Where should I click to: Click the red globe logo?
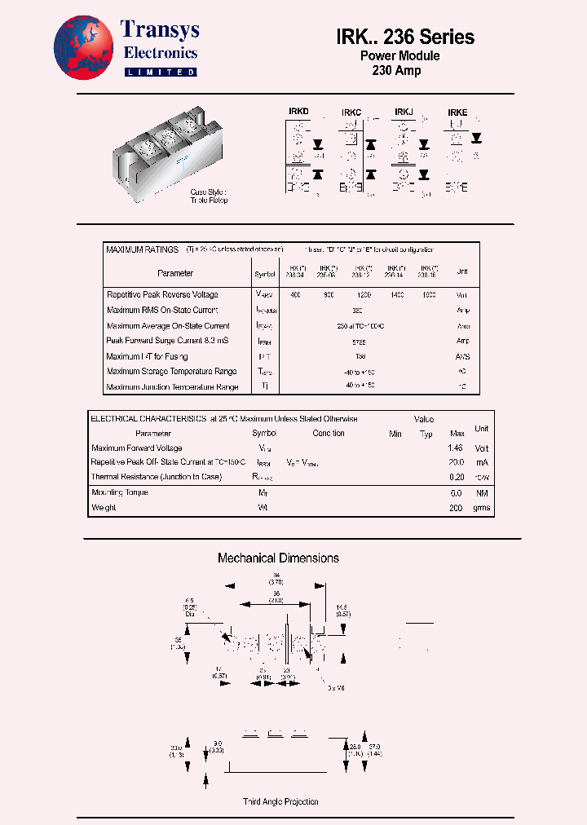(84, 49)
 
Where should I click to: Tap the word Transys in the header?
(160, 30)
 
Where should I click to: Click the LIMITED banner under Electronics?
(160, 72)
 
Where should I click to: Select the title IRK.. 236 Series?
(404, 37)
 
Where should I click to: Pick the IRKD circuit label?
(298, 110)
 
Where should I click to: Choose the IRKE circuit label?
(457, 112)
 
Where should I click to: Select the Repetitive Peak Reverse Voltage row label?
(162, 294)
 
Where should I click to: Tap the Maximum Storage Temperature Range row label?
(172, 372)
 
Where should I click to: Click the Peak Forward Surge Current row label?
(167, 341)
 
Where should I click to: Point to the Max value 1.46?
(456, 448)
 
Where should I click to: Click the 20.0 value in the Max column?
(456, 461)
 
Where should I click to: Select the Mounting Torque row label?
(120, 492)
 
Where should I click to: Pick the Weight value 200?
(456, 508)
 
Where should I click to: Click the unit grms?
(482, 508)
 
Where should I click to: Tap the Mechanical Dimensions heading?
(278, 558)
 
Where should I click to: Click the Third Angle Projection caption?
(280, 802)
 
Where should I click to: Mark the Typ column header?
(426, 434)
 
